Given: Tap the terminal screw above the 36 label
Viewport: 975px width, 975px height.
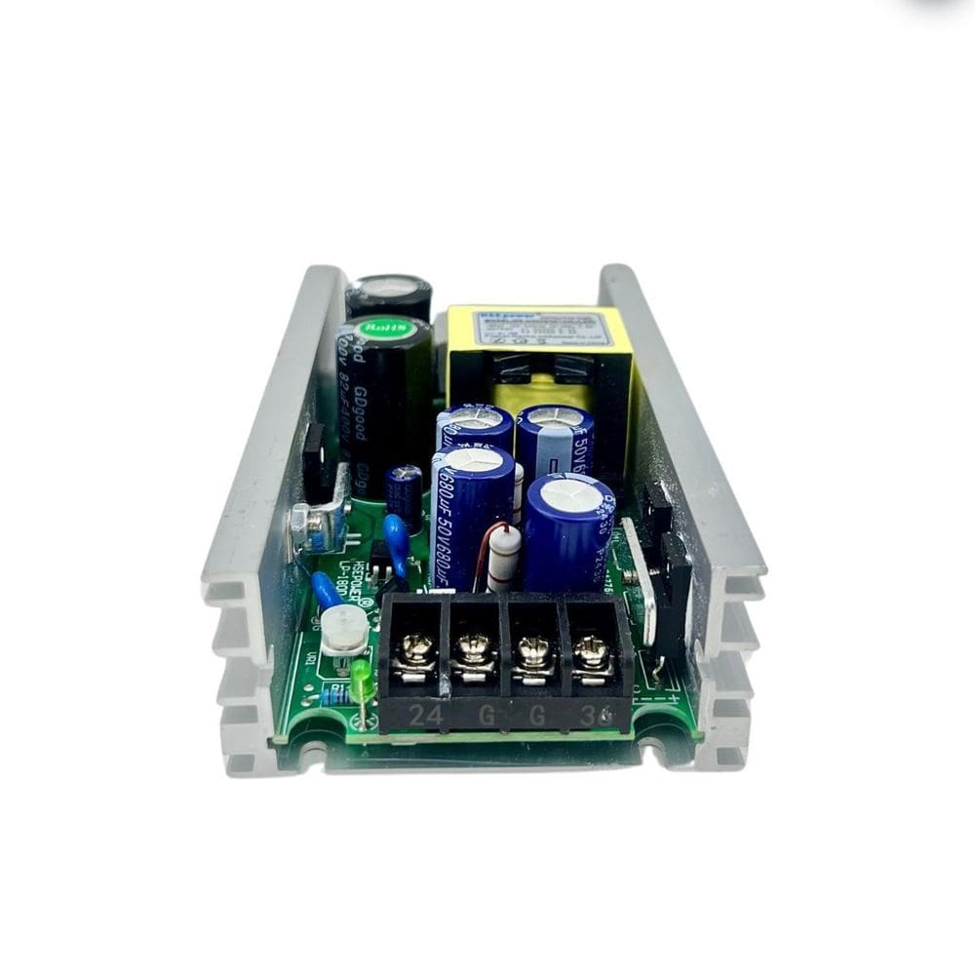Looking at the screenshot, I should [x=590, y=648].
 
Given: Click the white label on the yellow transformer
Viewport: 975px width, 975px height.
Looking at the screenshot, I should [x=541, y=329].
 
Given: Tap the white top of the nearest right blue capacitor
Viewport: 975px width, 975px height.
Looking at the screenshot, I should [x=570, y=492].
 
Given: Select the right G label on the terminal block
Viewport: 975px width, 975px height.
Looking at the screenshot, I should [x=538, y=717].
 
